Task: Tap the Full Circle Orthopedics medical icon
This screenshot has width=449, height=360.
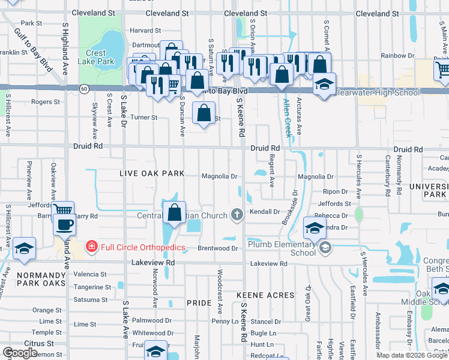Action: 91,246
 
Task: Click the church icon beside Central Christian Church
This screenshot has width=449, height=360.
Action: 237,215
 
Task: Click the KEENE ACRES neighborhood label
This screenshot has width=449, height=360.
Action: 265,295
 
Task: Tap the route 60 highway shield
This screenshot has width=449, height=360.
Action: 84,88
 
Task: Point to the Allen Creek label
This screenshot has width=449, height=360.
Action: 288,118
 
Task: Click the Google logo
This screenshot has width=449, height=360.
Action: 20,353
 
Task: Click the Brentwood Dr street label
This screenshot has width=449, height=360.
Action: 218,248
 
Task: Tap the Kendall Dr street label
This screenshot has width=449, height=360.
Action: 265,212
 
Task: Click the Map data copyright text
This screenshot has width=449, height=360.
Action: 411,355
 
